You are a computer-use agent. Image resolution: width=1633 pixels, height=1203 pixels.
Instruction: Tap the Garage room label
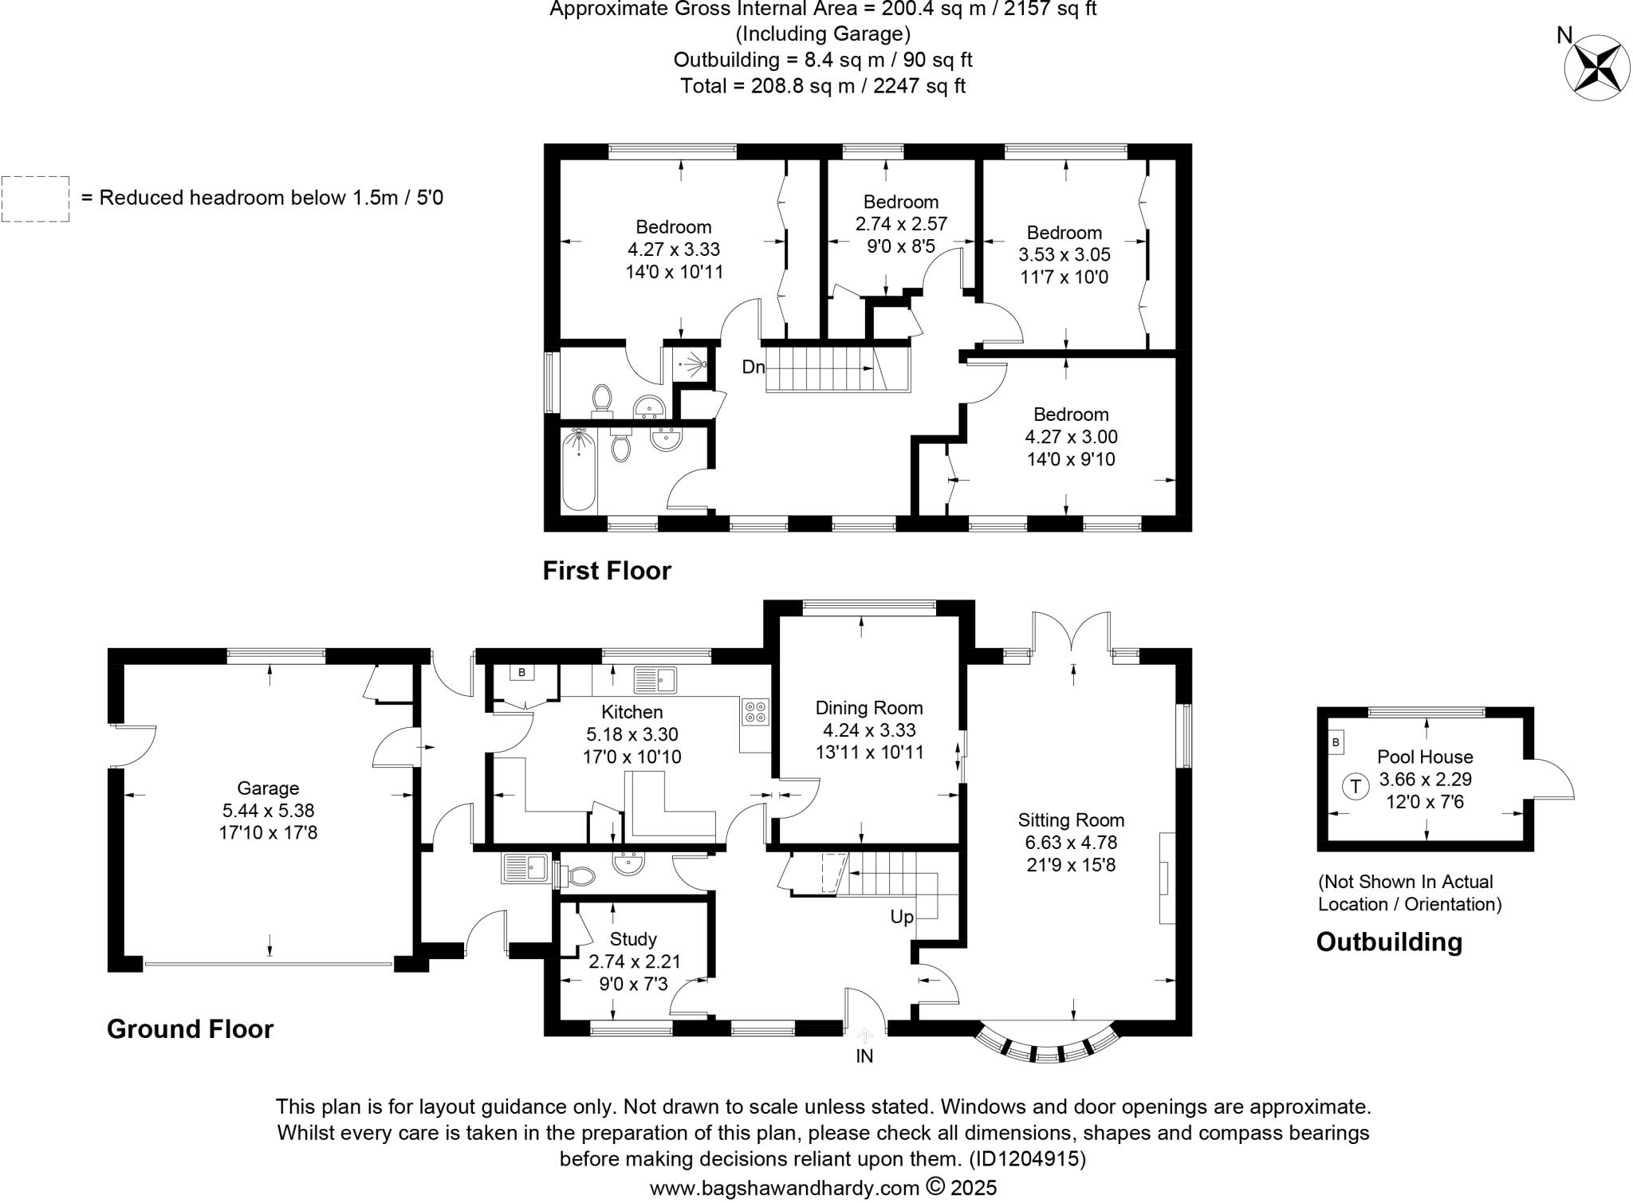268,788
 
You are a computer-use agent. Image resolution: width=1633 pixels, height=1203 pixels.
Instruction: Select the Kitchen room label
632,712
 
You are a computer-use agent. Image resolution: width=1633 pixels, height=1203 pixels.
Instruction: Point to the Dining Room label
869,708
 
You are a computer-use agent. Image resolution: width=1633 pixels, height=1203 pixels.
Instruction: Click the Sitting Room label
1071,820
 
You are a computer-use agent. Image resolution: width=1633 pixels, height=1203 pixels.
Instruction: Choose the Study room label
633,939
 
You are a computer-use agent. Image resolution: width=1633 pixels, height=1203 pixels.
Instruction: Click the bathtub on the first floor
579,470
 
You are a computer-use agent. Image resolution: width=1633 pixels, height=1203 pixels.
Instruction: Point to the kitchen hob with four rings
755,711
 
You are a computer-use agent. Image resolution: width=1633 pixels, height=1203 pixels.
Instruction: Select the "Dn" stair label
753,368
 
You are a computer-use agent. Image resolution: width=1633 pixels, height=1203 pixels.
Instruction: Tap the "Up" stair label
901,918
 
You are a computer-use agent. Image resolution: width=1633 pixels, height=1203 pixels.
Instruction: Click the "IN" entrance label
864,1056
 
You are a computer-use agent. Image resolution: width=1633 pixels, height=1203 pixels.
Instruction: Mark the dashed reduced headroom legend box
36,199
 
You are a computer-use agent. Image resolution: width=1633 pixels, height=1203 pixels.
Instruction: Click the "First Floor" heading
607,571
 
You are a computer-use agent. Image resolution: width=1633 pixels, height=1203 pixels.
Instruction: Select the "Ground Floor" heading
190,1029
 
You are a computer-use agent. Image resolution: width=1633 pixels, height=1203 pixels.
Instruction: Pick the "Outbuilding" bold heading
1389,942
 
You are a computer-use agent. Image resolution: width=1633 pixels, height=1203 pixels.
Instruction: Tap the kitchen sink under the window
655,680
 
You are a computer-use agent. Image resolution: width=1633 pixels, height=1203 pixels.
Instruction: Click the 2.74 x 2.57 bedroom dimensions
901,224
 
